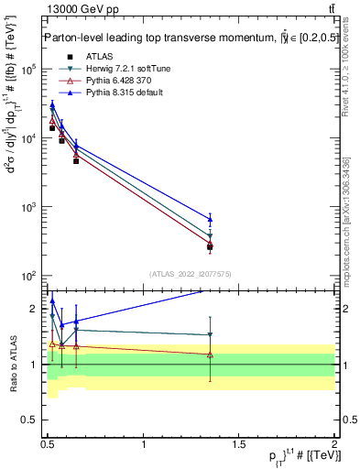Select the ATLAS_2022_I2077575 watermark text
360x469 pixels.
[x=191, y=273]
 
